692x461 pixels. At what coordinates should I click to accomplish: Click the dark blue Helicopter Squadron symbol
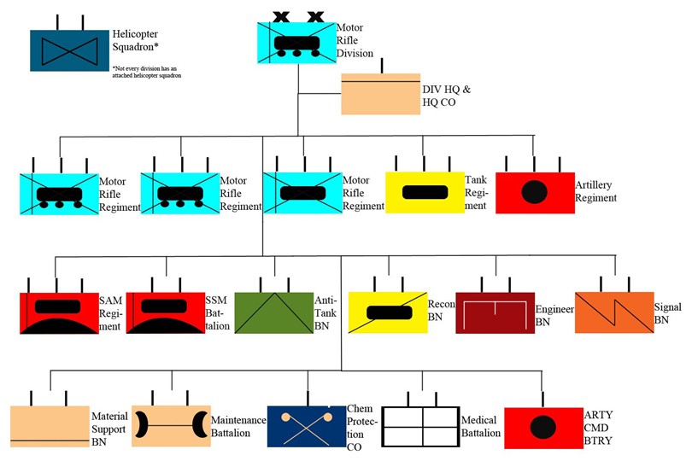pyautogui.click(x=69, y=50)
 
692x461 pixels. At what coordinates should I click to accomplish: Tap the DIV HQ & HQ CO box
pyautogui.click(x=380, y=94)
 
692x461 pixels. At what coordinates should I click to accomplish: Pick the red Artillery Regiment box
pyautogui.click(x=534, y=191)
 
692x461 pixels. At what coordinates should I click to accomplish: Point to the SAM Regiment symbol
pyautogui.click(x=58, y=312)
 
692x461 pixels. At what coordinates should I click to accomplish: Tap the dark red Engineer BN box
pyautogui.click(x=495, y=312)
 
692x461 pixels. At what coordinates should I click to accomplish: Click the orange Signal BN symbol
pyautogui.click(x=613, y=312)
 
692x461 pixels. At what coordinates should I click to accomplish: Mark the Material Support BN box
pyautogui.click(x=50, y=426)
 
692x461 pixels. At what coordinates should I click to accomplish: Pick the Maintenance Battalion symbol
pyautogui.click(x=171, y=425)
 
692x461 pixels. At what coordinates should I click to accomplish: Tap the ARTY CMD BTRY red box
pyautogui.click(x=540, y=426)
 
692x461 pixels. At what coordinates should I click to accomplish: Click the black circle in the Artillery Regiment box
pyautogui.click(x=534, y=192)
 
